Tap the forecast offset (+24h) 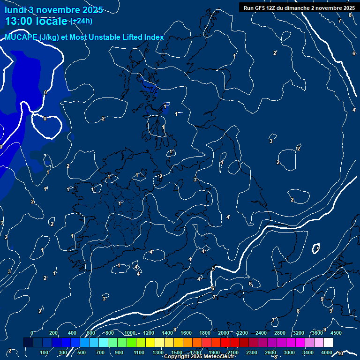coord(81,21)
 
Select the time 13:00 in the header coord(20,21)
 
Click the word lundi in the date coord(15,10)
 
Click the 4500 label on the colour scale coord(336,333)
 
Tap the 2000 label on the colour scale coord(224,333)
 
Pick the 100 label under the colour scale coord(44,352)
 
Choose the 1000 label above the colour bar coord(129,333)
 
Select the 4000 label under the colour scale coord(327,352)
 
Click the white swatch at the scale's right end coord(328,343)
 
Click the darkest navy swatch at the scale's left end coord(28,343)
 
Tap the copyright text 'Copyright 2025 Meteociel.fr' coord(199,357)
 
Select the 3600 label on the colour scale coord(317,333)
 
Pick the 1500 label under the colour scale coord(177,352)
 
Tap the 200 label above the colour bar coord(53,333)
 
